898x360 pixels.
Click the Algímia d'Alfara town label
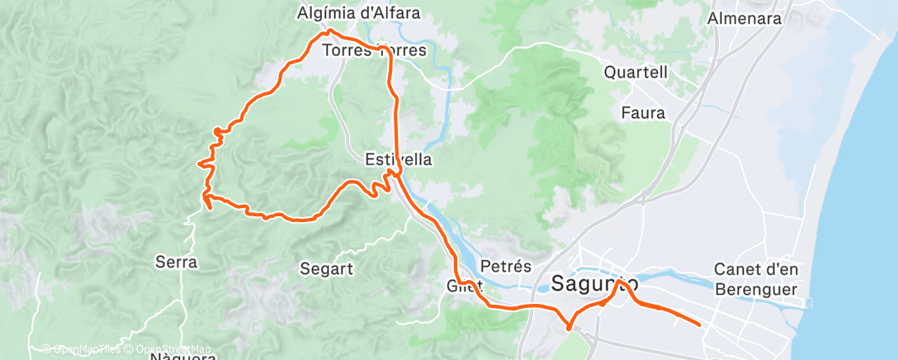(x=359, y=13)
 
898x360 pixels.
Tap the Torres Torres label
(x=376, y=50)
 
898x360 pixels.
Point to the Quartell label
(x=636, y=73)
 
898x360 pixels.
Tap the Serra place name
(x=176, y=263)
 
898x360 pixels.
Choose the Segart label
(x=327, y=268)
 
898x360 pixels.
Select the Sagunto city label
(x=593, y=284)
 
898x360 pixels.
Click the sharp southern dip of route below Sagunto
(x=569, y=328)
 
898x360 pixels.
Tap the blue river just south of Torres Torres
(x=448, y=91)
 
